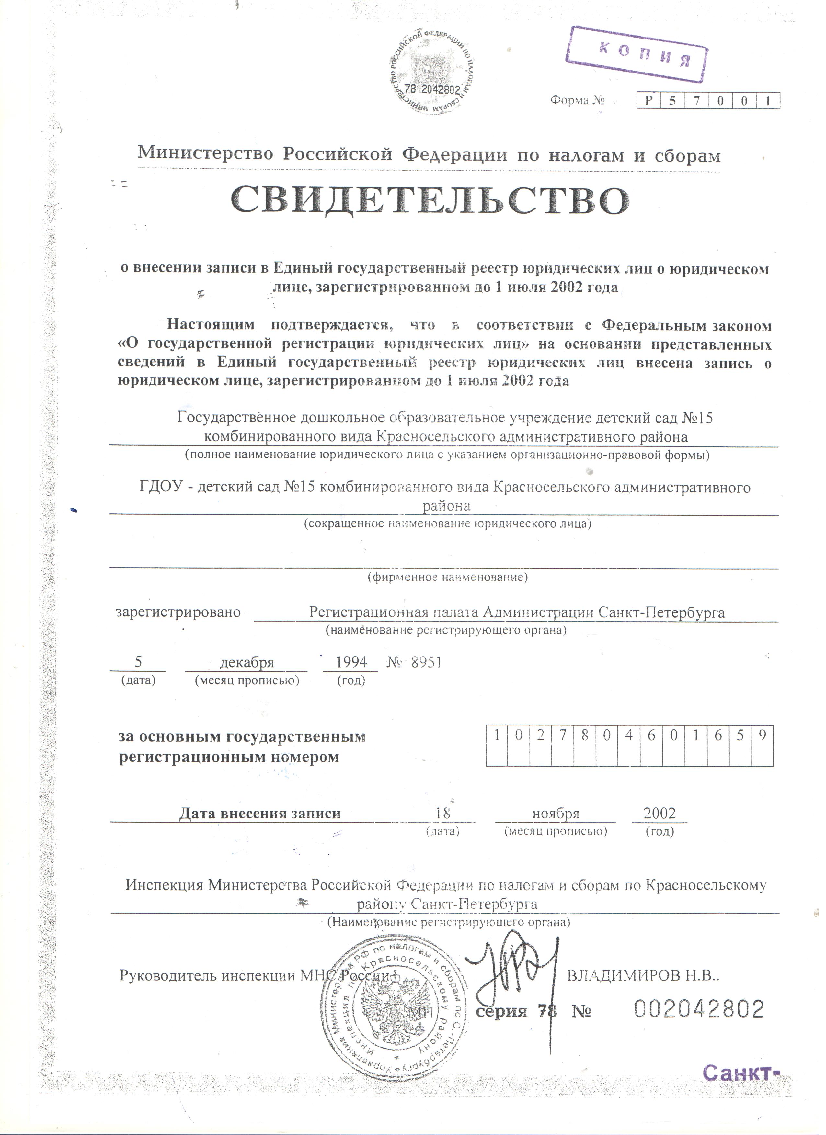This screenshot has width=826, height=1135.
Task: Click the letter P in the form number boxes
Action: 649,101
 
